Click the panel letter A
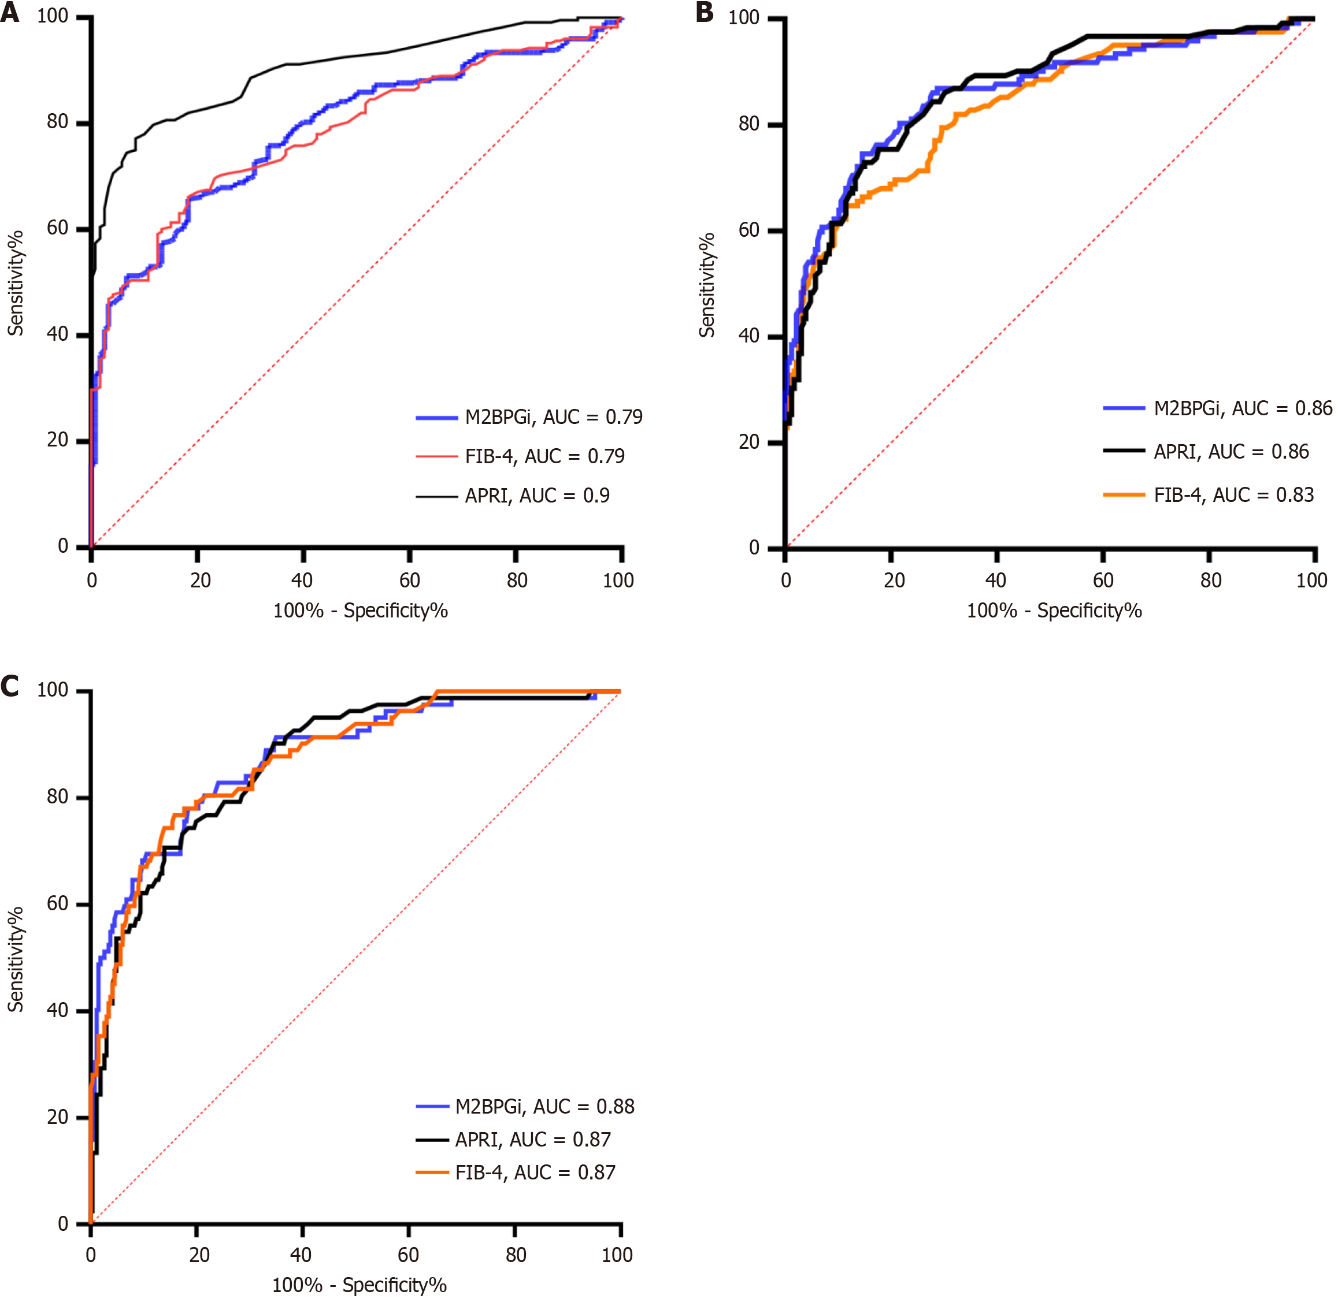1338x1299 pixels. (x=10, y=12)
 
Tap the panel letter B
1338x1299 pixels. (x=705, y=12)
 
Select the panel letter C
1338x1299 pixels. (x=10, y=686)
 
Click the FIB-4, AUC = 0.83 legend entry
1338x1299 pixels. (x=1233, y=496)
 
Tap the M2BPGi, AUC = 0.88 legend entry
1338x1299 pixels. (x=544, y=1106)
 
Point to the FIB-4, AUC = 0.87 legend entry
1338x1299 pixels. (x=535, y=1172)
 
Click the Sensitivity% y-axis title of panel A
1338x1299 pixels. (x=16, y=283)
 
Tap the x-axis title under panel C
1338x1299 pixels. (x=359, y=1285)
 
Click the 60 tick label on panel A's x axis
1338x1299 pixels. (x=410, y=580)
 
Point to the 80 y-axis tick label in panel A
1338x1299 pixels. (x=57, y=122)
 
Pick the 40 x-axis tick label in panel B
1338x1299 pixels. (x=995, y=580)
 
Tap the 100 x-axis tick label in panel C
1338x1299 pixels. (x=617, y=1255)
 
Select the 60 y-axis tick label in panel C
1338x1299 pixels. (x=57, y=904)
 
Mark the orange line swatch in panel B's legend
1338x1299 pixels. (x=1124, y=496)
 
